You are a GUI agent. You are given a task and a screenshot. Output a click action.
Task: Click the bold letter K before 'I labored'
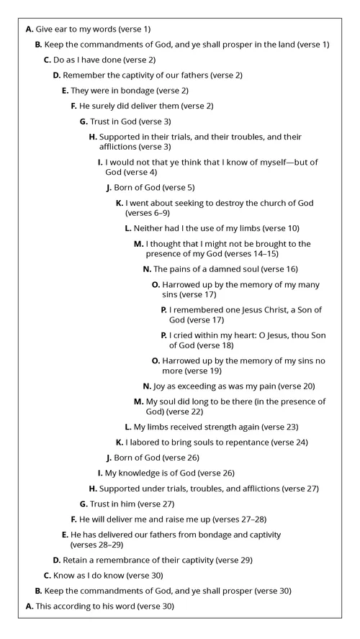[x=120, y=442]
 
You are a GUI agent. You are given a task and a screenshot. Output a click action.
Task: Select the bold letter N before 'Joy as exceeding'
[x=147, y=386]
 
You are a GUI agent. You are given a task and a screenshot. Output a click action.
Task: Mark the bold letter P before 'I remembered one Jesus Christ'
[x=164, y=309]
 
